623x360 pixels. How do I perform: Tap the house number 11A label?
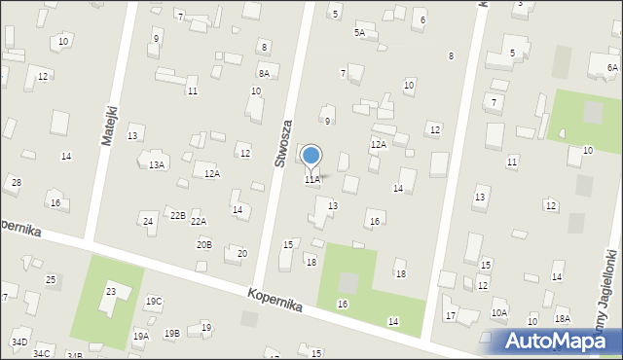click(x=311, y=180)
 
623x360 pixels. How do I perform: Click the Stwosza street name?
click(x=283, y=144)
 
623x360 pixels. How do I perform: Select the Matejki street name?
click(x=109, y=126)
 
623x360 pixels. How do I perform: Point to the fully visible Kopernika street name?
click(x=275, y=300)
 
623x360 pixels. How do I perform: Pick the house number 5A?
click(x=359, y=33)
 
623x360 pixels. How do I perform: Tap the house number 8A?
click(x=264, y=73)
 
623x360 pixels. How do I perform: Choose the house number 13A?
click(x=156, y=165)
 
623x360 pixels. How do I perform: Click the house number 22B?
click(x=177, y=215)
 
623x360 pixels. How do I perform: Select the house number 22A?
click(x=199, y=222)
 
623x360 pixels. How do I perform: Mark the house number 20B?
click(x=203, y=244)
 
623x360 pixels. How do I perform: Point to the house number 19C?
click(x=154, y=302)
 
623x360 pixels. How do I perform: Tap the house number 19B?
click(x=171, y=334)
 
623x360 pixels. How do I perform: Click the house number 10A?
click(x=499, y=313)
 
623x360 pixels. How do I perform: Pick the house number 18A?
click(x=562, y=319)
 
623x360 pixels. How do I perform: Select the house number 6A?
click(x=612, y=67)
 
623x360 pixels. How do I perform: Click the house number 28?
click(x=16, y=183)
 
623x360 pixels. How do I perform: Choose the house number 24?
click(x=148, y=222)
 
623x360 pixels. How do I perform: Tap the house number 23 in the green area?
click(x=111, y=292)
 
